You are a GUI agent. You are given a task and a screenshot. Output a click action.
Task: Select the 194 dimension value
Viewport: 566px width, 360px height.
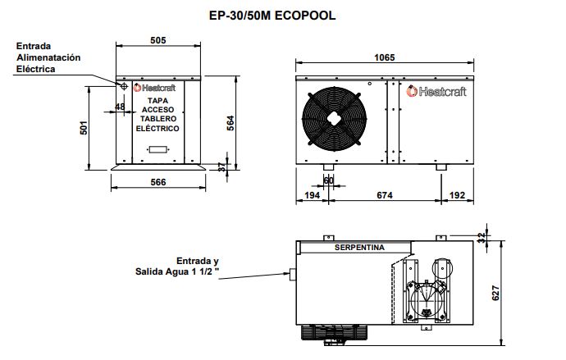(x=311, y=195)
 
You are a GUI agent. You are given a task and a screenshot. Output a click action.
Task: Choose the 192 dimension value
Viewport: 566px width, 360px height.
(x=456, y=195)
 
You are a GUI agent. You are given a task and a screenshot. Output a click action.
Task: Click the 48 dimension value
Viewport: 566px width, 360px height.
(x=121, y=107)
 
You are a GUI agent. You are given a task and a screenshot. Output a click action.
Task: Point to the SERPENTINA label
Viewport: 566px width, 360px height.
(x=358, y=246)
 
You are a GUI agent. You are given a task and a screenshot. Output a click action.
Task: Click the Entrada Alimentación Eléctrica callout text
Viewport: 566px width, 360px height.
(x=48, y=58)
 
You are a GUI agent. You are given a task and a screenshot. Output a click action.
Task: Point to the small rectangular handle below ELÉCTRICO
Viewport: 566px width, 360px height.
(x=157, y=150)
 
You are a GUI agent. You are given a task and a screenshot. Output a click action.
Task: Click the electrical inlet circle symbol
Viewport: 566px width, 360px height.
(x=123, y=85)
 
